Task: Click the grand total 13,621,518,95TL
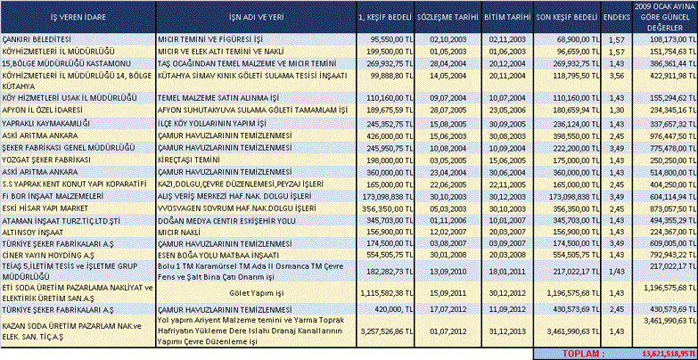pos(661,353)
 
